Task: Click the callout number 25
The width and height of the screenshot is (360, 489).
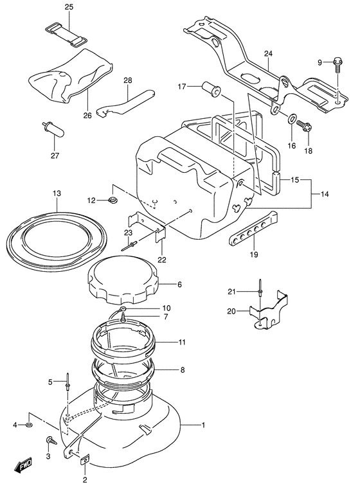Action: (69, 7)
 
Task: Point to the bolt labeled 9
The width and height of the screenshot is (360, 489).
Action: (337, 62)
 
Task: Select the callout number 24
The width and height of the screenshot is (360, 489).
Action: (268, 53)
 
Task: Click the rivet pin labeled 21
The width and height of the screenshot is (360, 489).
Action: (258, 289)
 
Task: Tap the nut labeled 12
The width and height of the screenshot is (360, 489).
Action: (114, 201)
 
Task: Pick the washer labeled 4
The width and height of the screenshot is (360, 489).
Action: (30, 425)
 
